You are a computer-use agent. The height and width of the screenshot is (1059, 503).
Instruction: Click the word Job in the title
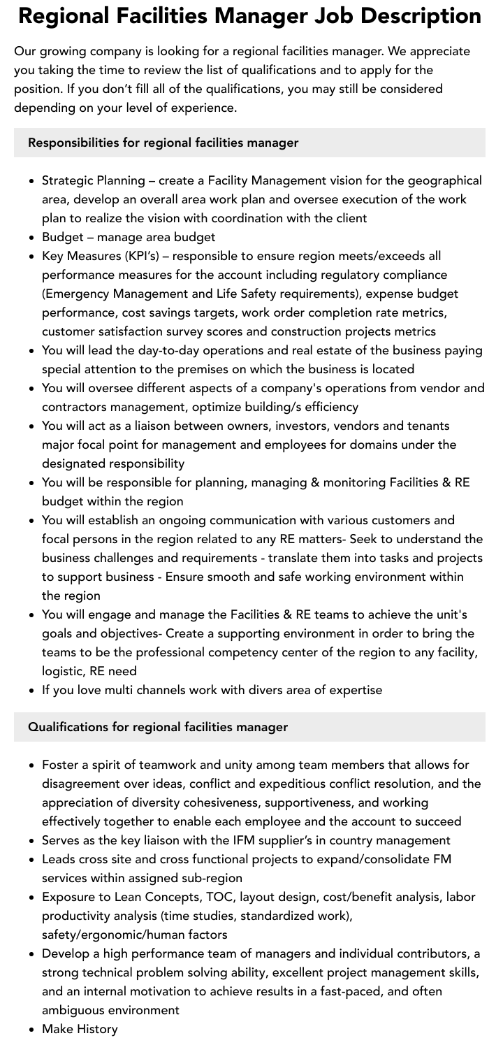tap(335, 15)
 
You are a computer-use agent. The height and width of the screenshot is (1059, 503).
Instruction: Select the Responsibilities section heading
tap(163, 143)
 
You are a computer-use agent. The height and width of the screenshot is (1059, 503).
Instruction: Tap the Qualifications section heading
tap(158, 727)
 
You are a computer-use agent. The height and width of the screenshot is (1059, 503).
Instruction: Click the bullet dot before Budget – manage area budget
tap(32, 238)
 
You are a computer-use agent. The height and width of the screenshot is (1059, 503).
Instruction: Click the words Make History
tap(80, 1029)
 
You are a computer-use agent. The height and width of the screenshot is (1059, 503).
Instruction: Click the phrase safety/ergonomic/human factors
tap(134, 935)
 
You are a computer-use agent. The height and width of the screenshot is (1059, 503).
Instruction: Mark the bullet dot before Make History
tap(32, 1030)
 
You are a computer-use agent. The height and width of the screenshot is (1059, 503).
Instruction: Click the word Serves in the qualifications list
tap(61, 840)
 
